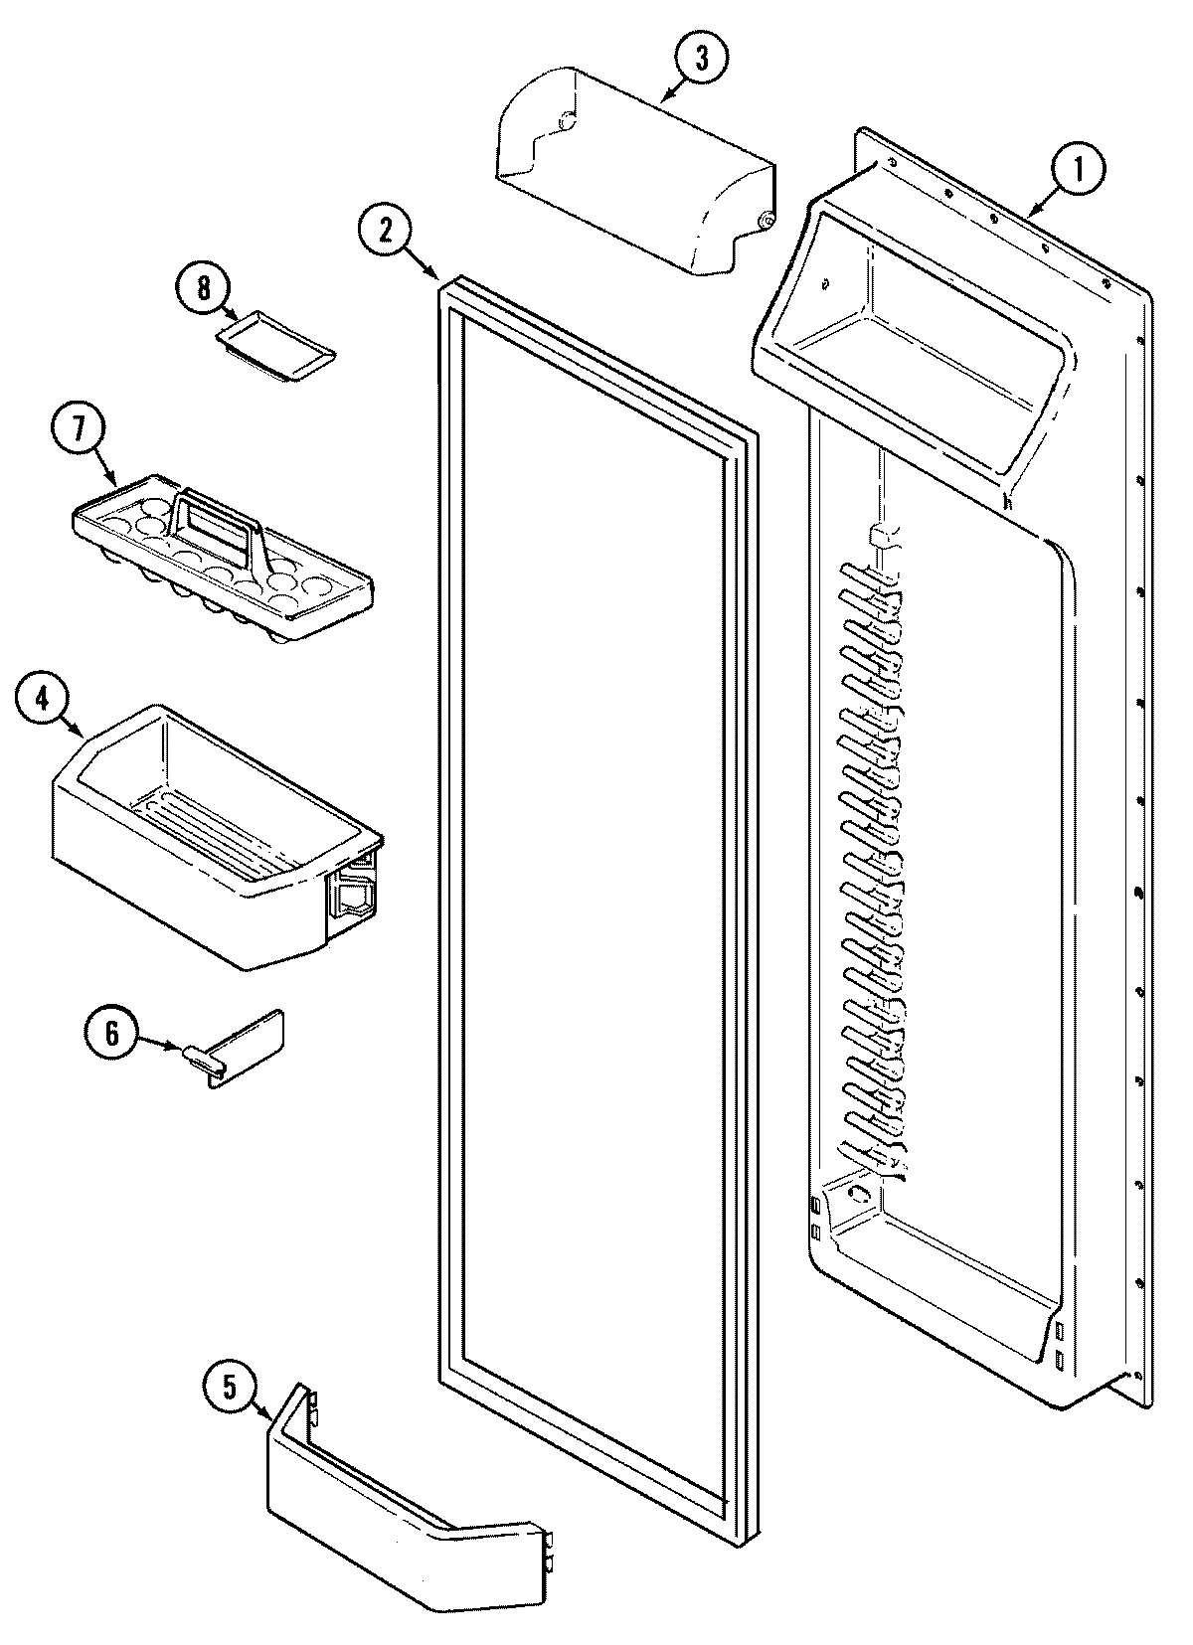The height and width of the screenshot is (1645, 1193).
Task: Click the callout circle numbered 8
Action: pyautogui.click(x=204, y=289)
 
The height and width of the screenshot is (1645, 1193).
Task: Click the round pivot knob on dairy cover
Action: pyautogui.click(x=765, y=220)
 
